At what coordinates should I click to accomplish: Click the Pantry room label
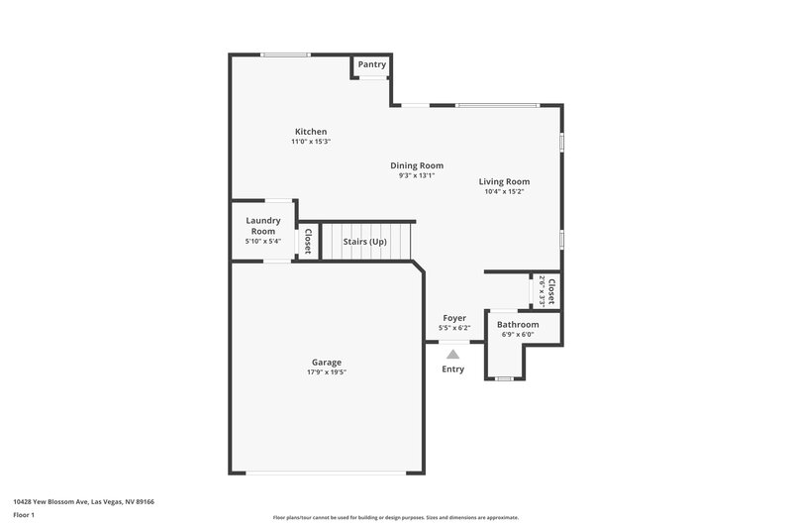[372, 64]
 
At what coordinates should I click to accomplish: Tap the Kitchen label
[311, 132]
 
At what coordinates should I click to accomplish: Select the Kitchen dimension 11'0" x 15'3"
[311, 142]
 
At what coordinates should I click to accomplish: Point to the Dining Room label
[417, 165]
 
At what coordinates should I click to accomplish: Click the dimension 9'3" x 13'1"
[417, 175]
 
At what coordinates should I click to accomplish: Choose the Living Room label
[505, 181]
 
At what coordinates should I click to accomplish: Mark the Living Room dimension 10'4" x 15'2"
[505, 192]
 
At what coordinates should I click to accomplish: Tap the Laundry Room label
[263, 226]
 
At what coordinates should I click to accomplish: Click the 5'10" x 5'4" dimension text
[263, 241]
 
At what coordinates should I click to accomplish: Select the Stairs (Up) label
[365, 242]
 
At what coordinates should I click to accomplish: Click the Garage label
[327, 363]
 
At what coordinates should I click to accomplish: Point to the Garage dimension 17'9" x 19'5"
[327, 372]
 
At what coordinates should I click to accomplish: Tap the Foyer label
[454, 318]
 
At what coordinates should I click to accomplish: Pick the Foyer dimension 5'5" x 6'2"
[454, 328]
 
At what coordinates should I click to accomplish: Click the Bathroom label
[518, 324]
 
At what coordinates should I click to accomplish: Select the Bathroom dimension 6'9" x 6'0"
[518, 334]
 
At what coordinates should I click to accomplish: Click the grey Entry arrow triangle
[453, 353]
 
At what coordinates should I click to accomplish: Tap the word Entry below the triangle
[453, 370]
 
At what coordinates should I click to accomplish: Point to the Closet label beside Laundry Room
[308, 242]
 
